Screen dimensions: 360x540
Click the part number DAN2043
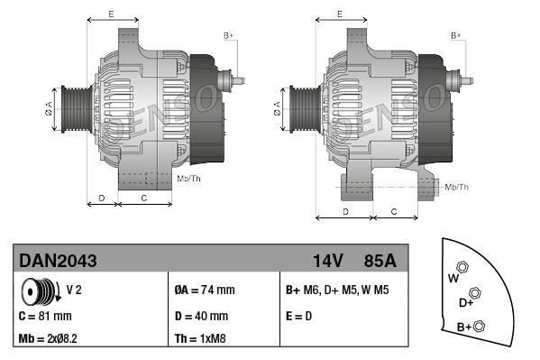click(x=58, y=261)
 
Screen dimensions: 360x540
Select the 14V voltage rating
click(x=328, y=261)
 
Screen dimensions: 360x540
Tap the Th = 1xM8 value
click(x=199, y=340)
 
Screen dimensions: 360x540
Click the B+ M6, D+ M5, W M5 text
click(x=337, y=291)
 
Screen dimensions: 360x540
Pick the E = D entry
click(x=299, y=316)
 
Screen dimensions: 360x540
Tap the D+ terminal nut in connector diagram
click(x=475, y=293)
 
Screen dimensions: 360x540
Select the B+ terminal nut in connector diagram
click(x=479, y=326)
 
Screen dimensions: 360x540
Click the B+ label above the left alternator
click(x=228, y=34)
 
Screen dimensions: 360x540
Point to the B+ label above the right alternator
click(x=455, y=34)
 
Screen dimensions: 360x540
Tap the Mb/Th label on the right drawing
click(x=457, y=186)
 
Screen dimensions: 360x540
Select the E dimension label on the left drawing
click(x=111, y=14)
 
